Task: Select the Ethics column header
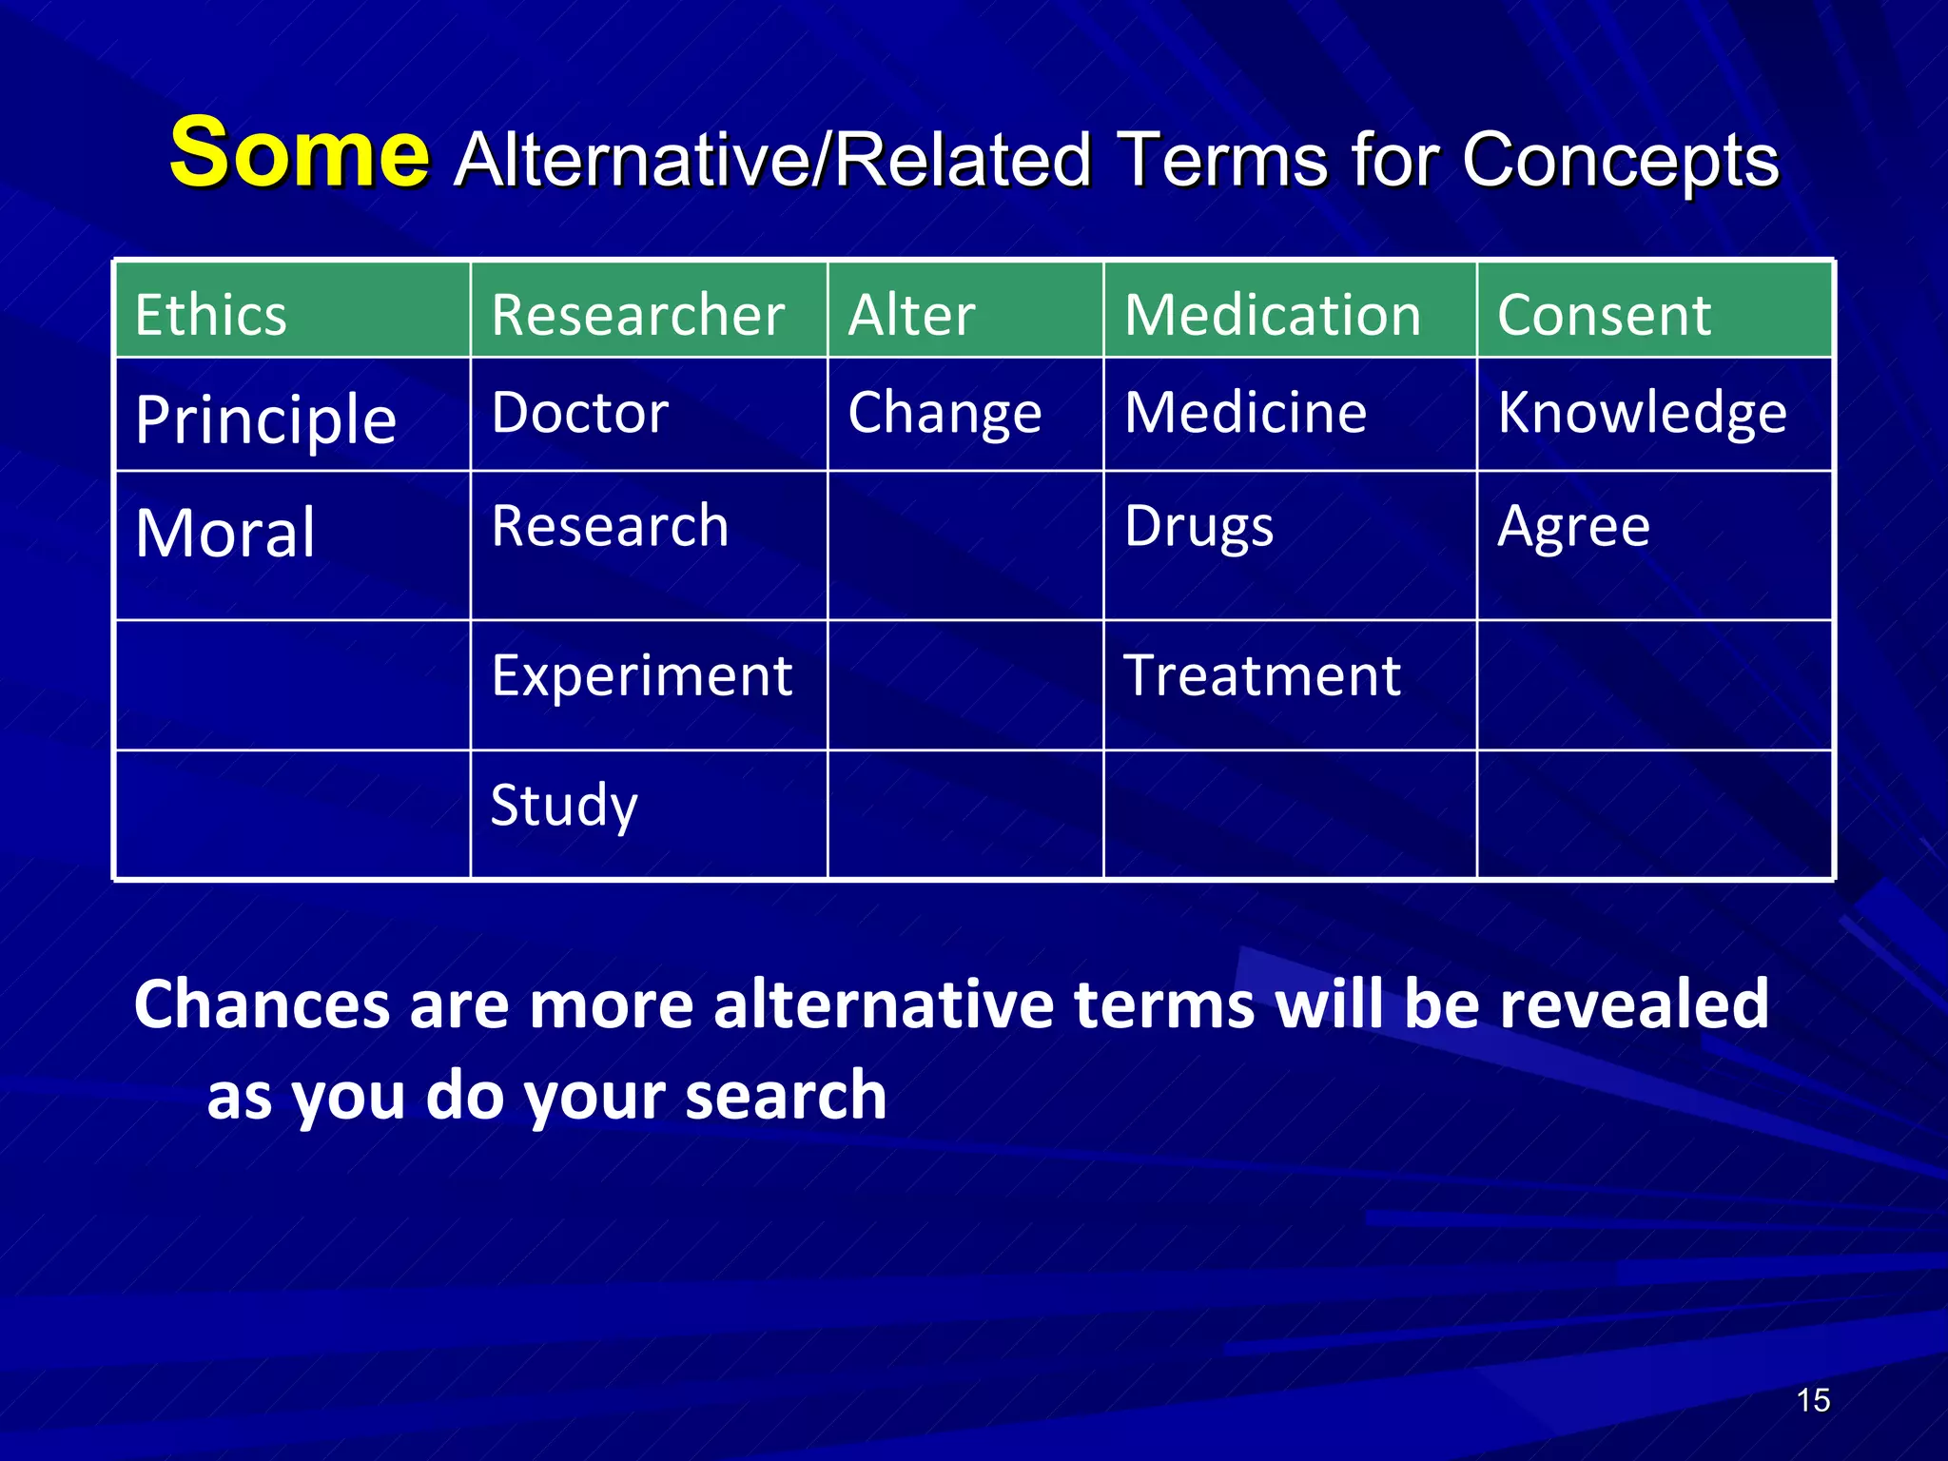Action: [211, 315]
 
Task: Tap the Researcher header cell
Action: [637, 315]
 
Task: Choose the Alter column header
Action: [911, 315]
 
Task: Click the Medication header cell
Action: [1272, 315]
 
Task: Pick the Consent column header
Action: [1604, 315]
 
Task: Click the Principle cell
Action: [265, 419]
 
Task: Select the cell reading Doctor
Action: [580, 413]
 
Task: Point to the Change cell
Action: [945, 413]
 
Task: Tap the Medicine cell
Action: [1245, 413]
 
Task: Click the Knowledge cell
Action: [1642, 413]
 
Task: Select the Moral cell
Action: [225, 534]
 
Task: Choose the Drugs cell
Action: [1198, 527]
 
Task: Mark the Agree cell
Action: [1573, 527]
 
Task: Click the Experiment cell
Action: [641, 676]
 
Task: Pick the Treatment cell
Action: [1262, 676]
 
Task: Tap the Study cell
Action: [564, 807]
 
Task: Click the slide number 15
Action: [1813, 1400]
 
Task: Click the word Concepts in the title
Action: [1620, 160]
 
